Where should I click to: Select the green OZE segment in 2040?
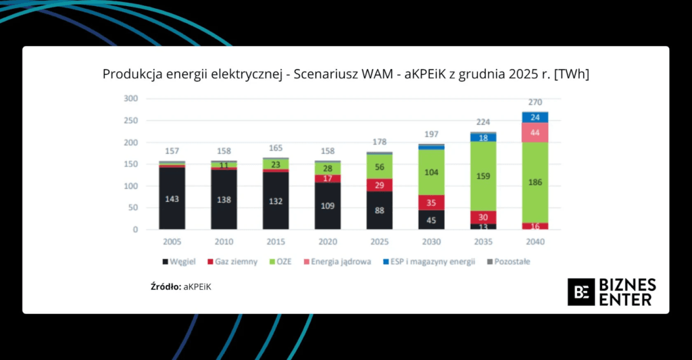point(535,182)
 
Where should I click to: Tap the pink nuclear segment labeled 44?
point(535,132)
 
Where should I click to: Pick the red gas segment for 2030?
point(431,202)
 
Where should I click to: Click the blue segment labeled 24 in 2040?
point(535,117)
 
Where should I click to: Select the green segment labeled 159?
point(483,176)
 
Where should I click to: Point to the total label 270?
point(535,103)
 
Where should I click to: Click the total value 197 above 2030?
point(431,135)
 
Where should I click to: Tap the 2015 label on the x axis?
point(276,241)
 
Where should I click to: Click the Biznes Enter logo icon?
point(580,292)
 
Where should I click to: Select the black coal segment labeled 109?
point(328,205)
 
